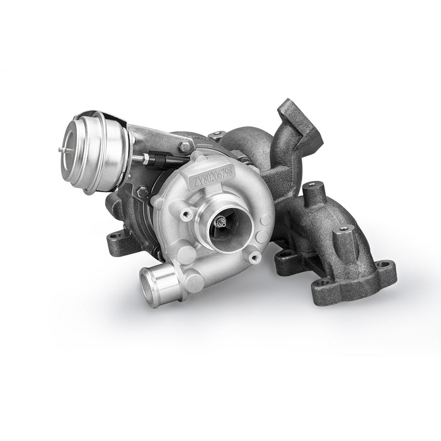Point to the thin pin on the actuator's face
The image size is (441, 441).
63,150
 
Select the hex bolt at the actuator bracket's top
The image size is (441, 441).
185,146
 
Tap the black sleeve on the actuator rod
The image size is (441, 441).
157,161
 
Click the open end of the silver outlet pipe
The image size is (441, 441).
149,287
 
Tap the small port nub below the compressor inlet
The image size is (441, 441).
255,257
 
